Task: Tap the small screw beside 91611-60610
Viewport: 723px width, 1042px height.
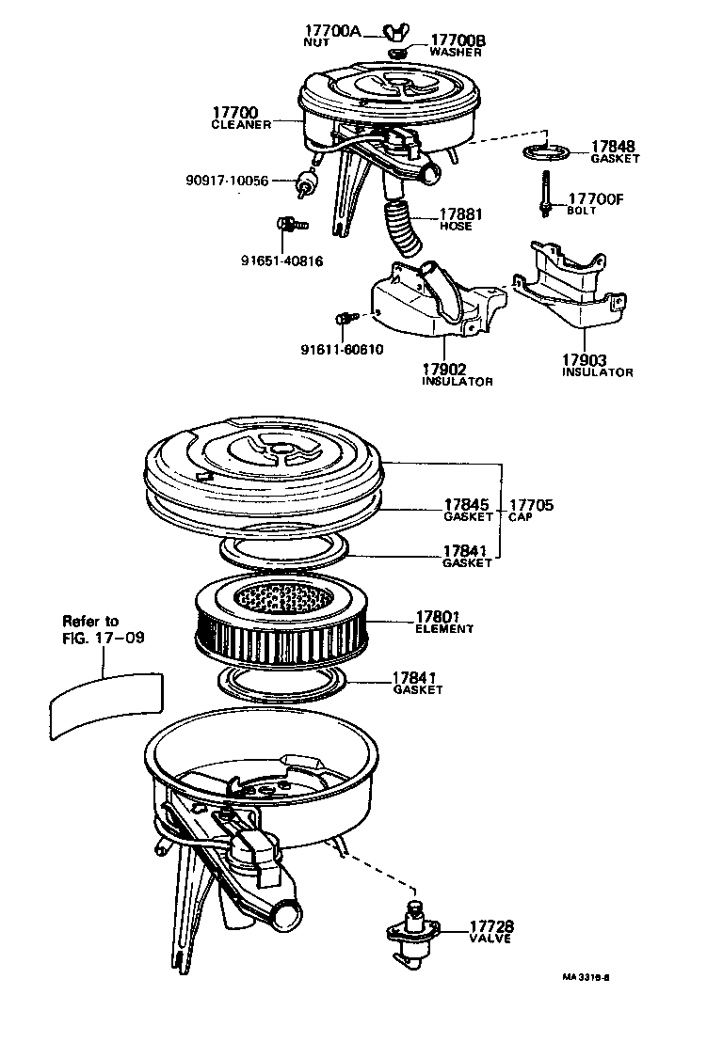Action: point(345,319)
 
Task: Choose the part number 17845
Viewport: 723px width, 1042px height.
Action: point(468,505)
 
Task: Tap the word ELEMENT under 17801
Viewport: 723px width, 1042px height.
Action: point(445,629)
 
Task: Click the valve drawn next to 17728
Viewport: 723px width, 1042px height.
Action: point(411,934)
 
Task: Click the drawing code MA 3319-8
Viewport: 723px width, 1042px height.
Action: point(586,976)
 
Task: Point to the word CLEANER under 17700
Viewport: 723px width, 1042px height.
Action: point(241,125)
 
